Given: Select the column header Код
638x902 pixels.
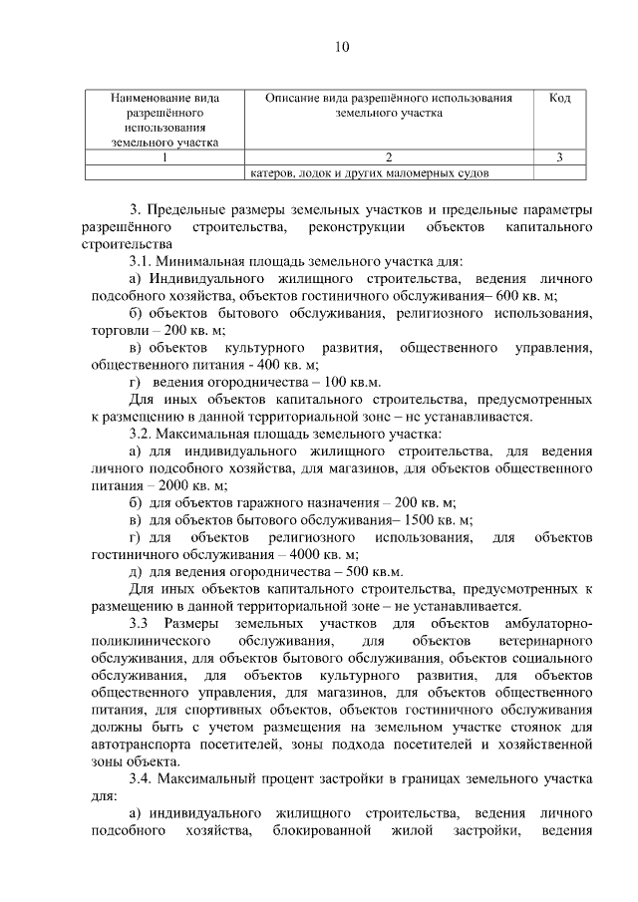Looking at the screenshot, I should coord(559,99).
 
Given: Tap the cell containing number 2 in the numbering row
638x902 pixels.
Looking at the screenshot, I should coord(389,156).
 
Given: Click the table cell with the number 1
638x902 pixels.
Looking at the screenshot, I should coord(163,156).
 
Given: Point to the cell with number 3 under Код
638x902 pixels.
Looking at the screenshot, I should coord(559,156).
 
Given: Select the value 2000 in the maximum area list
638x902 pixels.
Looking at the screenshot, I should coord(158,485).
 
